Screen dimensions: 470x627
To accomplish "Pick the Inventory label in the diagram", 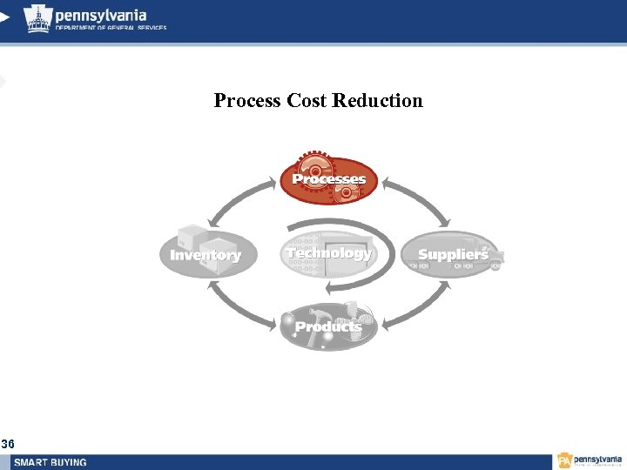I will pos(206,255).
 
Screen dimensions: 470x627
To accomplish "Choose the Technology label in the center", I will pos(328,253).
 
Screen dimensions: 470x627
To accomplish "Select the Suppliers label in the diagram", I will pos(453,254).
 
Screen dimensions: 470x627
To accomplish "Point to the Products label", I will pos(328,326).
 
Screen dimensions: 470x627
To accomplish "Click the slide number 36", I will pos(8,444).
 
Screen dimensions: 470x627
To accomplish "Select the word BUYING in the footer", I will pos(71,462).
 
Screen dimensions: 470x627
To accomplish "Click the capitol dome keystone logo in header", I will pos(37,17).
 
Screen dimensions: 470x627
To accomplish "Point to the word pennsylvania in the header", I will pos(100,15).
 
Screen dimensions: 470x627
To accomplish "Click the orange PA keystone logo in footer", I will pos(565,460).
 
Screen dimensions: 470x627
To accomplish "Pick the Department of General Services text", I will pos(111,28).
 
